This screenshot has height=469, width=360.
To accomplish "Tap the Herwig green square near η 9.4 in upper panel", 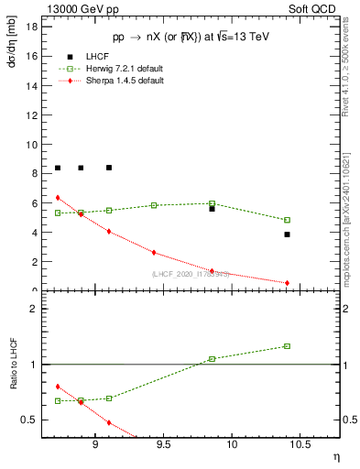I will click(x=154, y=205).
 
